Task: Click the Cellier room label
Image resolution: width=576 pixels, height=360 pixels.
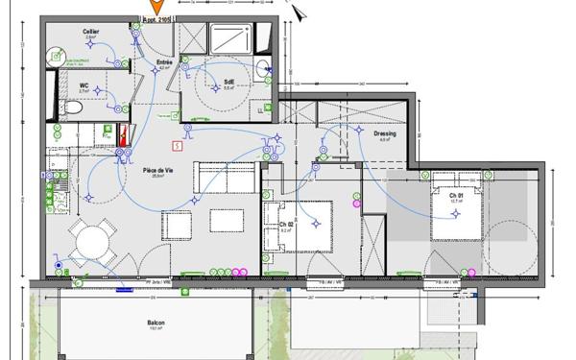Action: tap(91, 32)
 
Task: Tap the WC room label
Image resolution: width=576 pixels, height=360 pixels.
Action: tap(84, 84)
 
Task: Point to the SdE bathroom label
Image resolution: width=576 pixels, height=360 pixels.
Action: tap(229, 82)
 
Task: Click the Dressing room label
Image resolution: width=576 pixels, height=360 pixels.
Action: tap(384, 133)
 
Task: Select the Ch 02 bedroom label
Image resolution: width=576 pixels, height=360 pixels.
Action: tap(285, 226)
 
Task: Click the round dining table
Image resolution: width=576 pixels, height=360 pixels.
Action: tap(94, 240)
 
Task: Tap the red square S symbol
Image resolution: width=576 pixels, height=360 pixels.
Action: tap(177, 146)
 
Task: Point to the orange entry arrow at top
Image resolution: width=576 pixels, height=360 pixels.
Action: tap(156, 8)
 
